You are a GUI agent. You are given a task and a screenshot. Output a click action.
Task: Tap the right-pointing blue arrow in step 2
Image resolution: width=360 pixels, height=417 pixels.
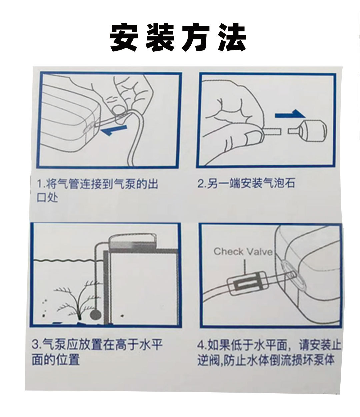290,115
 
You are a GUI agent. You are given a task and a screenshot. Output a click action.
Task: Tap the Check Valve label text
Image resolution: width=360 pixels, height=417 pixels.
243,251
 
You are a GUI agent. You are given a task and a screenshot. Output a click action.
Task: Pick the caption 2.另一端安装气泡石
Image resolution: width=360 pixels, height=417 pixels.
246,183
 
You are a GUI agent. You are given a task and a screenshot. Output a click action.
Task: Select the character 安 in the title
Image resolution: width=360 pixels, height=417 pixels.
124,37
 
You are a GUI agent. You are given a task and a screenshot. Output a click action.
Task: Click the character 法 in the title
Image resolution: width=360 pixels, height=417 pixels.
232,37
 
